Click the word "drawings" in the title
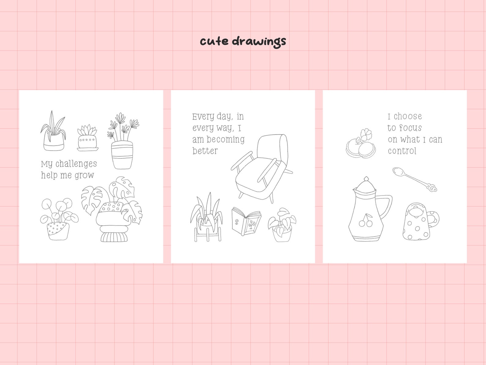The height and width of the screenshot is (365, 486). click(259, 41)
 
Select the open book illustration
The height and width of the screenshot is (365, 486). click(246, 221)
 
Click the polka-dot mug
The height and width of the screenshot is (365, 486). click(418, 222)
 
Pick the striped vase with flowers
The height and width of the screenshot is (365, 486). click(122, 153)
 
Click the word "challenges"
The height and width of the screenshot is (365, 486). click(76, 164)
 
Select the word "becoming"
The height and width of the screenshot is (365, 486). click(226, 140)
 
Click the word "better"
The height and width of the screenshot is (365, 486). click(205, 151)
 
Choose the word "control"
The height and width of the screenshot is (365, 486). click(402, 151)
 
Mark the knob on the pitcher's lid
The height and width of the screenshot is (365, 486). click(366, 178)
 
